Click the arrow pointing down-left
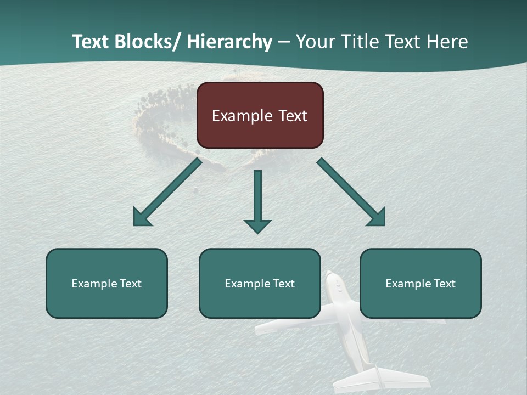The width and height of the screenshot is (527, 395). tap(167, 193)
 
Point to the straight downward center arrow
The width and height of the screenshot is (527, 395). tap(257, 198)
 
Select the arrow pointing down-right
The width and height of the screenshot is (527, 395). tap(351, 192)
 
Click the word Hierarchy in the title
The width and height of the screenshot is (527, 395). tap(229, 42)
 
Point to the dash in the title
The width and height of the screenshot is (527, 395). tap(283, 42)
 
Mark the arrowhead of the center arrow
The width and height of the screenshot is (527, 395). tap(257, 226)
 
